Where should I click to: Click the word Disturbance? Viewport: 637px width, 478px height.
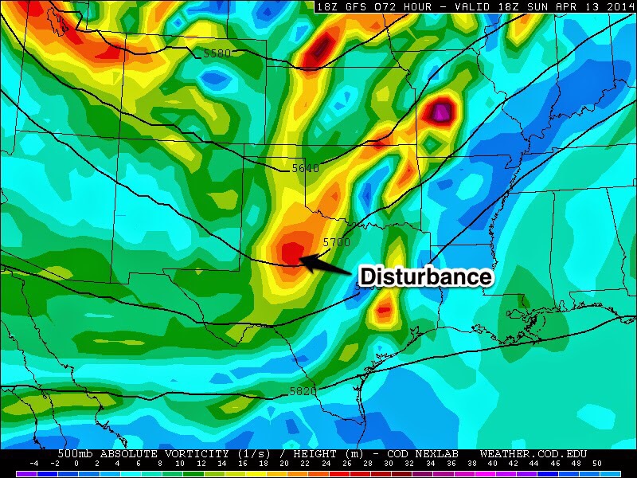(426, 276)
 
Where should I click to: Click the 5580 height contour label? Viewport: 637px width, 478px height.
(217, 53)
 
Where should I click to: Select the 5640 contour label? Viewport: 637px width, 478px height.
(305, 168)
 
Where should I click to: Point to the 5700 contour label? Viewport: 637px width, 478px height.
(335, 241)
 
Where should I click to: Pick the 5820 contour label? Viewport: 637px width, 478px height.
(303, 391)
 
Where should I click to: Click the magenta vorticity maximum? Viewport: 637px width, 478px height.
(440, 111)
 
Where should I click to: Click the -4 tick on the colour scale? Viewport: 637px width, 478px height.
(34, 463)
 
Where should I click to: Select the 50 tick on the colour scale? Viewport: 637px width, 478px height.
(596, 463)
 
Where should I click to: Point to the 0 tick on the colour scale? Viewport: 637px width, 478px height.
(76, 463)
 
